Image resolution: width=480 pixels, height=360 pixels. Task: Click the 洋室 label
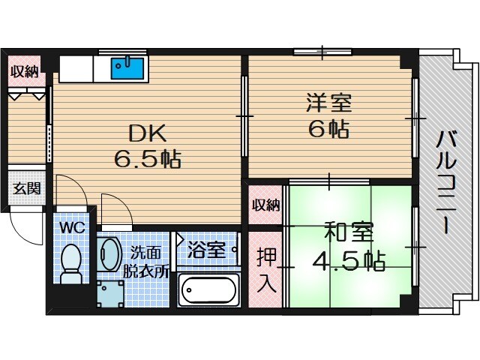[x=328, y=101]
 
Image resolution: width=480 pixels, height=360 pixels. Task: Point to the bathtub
[x=209, y=289]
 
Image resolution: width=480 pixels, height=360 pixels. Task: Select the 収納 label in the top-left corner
[x=24, y=73]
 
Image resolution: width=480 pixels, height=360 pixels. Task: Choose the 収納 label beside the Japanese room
[x=265, y=205]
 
